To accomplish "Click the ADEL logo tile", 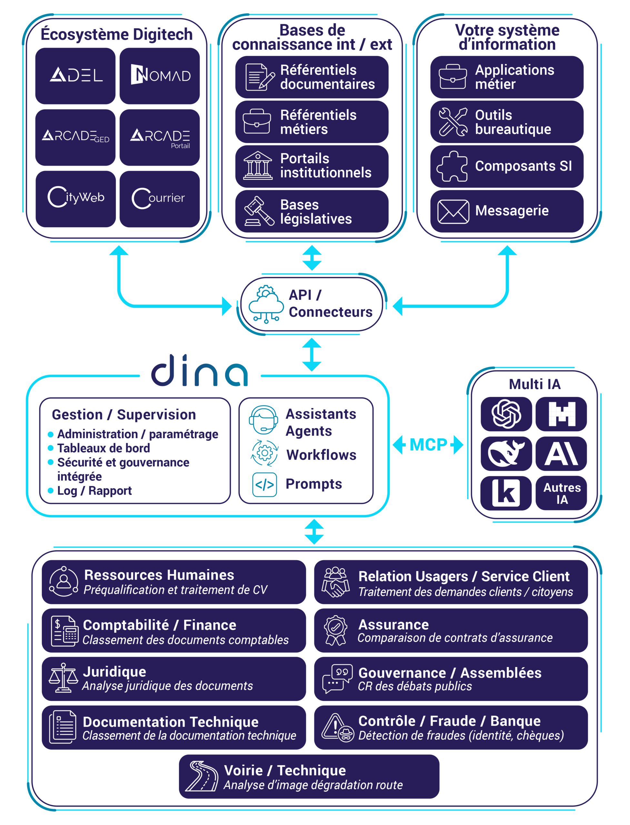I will pyautogui.click(x=75, y=75).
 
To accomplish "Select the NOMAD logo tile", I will pyautogui.click(x=160, y=75).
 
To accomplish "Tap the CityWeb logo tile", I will pyautogui.click(x=76, y=198).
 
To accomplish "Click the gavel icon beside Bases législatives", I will pyautogui.click(x=258, y=212).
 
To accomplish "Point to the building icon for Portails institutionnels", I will pyautogui.click(x=258, y=166).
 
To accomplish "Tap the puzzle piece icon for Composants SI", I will pyautogui.click(x=452, y=166).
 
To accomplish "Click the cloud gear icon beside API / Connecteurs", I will pyautogui.click(x=266, y=304).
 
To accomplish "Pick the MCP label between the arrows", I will pyautogui.click(x=428, y=445).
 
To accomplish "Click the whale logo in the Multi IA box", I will pyautogui.click(x=506, y=453).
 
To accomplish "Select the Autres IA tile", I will pyautogui.click(x=561, y=493).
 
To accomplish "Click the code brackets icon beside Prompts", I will pyautogui.click(x=265, y=485).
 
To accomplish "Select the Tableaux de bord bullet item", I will pyautogui.click(x=103, y=448).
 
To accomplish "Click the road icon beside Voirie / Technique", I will pyautogui.click(x=203, y=776).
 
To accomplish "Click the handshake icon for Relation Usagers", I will pyautogui.click(x=335, y=582).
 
